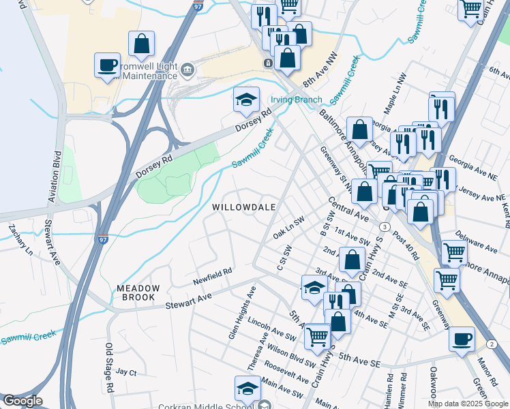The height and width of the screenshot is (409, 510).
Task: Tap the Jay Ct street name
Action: (126, 372)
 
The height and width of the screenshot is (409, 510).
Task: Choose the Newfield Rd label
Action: (212, 276)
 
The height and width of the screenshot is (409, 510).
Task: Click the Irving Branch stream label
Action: (297, 100)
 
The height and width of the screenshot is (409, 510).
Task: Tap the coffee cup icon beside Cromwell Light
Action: (107, 65)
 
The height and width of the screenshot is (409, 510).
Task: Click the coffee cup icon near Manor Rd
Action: (462, 338)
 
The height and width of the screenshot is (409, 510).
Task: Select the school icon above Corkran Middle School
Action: (247, 388)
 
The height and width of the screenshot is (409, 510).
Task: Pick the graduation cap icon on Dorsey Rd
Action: (246, 100)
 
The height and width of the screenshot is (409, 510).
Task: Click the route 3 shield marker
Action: (385, 226)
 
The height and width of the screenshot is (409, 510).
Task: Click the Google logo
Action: (22, 401)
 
